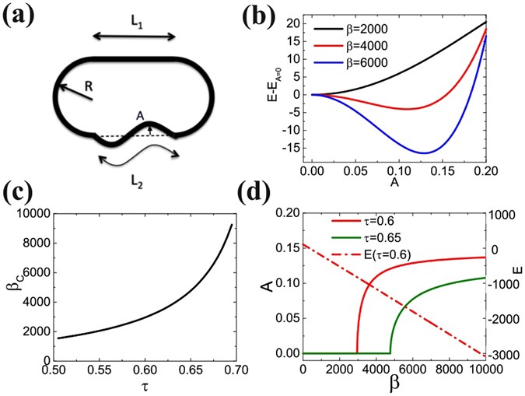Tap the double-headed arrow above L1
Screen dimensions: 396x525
pyautogui.click(x=134, y=36)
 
